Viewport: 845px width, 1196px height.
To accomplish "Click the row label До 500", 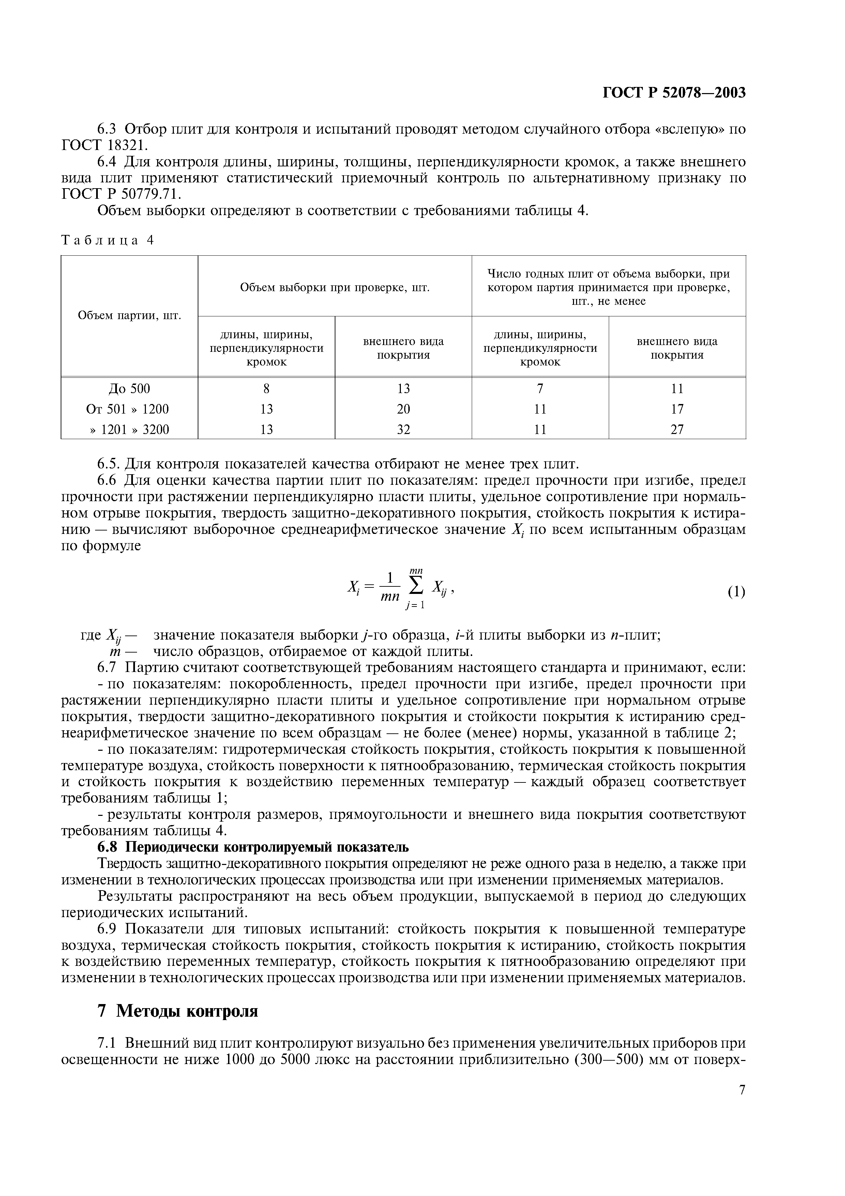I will tap(129, 389).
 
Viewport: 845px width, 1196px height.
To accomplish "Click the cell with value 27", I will tap(677, 429).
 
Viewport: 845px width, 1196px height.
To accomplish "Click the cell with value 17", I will tap(677, 409).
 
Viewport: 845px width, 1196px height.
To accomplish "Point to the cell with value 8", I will tap(266, 389).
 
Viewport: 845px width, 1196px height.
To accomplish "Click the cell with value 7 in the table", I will tap(540, 389).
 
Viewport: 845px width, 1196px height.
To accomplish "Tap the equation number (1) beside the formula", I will tap(736, 592).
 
